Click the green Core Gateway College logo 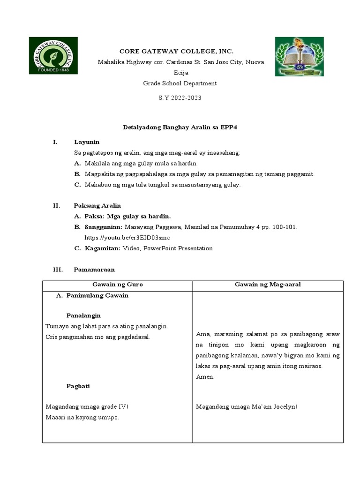click(x=53, y=55)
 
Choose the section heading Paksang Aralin click(x=97, y=205)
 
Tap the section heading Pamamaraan click(x=94, y=270)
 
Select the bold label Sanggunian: click(x=103, y=227)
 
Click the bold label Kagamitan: click(x=103, y=248)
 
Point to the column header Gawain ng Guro click(x=118, y=285)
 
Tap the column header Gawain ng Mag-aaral click(x=268, y=285)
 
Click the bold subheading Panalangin click(x=83, y=315)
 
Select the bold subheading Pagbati click(x=78, y=386)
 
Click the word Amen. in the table click(x=205, y=377)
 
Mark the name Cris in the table click(x=52, y=337)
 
